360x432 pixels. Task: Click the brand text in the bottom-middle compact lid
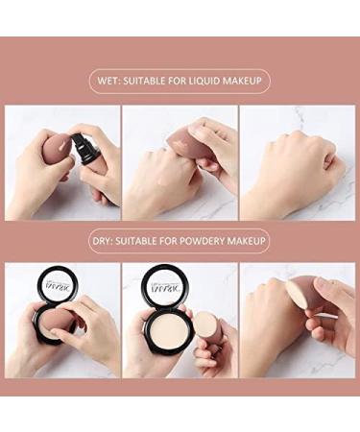pos(164,281)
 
